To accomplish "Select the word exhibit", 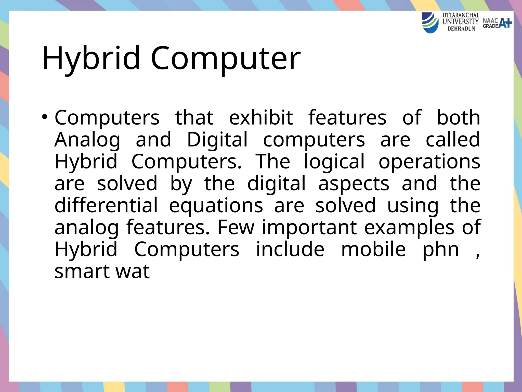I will (x=261, y=118).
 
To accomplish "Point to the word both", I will (x=458, y=118).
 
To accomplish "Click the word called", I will (x=453, y=140).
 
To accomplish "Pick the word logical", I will (x=334, y=162).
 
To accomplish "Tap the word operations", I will (x=429, y=162).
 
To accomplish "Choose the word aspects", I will (x=354, y=183).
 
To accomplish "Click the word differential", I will (x=106, y=205).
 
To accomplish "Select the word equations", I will (x=216, y=205).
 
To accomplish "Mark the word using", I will (x=413, y=205).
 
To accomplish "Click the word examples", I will (x=409, y=227).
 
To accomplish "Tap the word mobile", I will (x=373, y=249).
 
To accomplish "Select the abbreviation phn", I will (x=441, y=249).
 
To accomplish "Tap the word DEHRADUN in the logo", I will (x=461, y=29).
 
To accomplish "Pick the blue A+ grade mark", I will (x=505, y=23).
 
